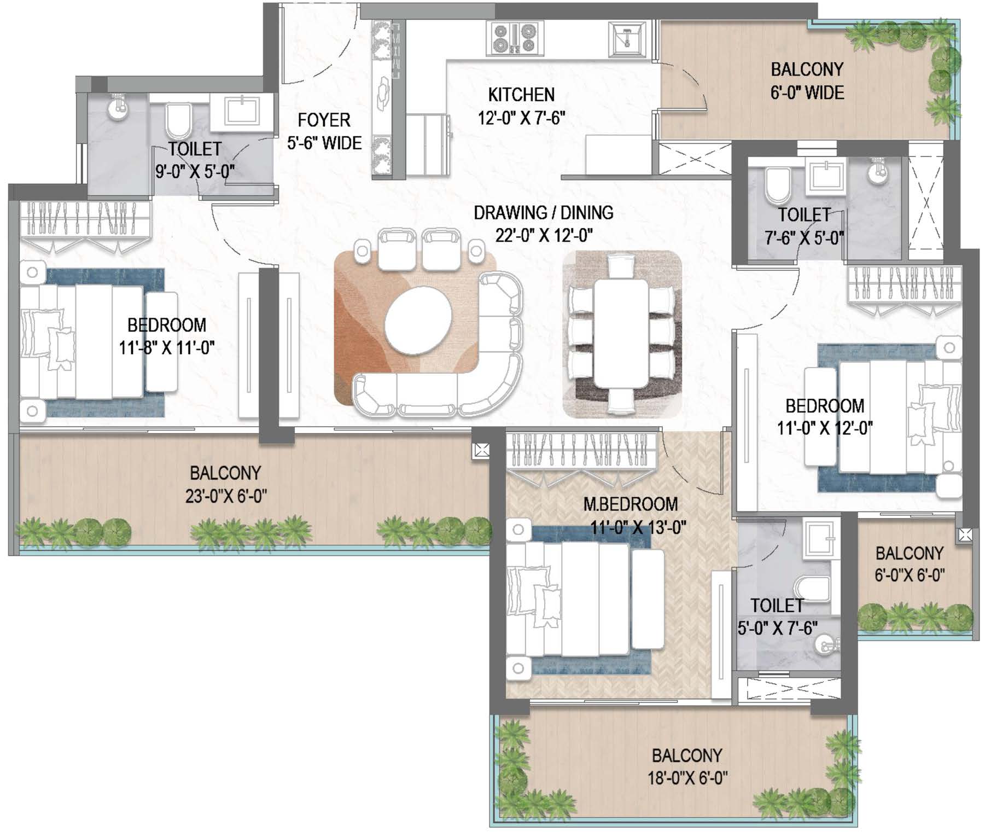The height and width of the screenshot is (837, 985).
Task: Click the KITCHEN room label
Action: [521, 95]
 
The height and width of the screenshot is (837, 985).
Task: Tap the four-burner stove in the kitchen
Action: [515, 38]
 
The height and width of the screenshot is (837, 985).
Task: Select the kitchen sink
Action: [627, 38]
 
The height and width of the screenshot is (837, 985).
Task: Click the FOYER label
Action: [324, 120]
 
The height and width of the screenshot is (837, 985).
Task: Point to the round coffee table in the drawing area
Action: [418, 322]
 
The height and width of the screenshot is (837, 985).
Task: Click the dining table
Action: [622, 334]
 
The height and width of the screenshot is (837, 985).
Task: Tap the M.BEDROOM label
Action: [630, 504]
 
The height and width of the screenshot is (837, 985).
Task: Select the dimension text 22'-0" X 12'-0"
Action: [544, 236]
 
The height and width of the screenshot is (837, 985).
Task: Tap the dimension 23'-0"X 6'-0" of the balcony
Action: [226, 496]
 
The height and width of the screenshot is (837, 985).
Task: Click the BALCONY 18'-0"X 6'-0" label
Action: [687, 766]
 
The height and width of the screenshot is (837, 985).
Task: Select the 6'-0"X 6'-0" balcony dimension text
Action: [910, 575]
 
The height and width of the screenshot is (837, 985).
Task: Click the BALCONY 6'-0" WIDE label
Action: [807, 81]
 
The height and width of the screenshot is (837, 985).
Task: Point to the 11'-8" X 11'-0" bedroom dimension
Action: [167, 347]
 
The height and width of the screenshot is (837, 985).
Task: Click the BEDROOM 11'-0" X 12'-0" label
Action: [825, 416]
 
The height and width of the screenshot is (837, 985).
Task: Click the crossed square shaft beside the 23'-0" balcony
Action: [481, 450]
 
